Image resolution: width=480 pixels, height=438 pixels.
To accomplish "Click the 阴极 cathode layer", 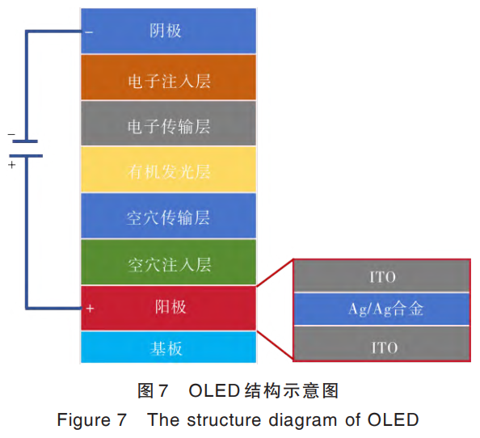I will [168, 32].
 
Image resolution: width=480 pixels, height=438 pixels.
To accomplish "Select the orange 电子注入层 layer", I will [168, 78].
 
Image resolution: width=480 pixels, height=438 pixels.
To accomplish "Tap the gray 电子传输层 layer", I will [168, 125].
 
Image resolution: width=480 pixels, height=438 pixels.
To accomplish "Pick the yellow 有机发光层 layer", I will [168, 171].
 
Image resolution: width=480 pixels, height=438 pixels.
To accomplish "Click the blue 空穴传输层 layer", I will [168, 217].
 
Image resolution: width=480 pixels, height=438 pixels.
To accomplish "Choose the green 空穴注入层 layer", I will [168, 263].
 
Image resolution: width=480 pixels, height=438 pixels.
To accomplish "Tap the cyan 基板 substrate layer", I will [168, 347].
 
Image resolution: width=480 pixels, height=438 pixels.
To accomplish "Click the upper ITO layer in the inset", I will [382, 277].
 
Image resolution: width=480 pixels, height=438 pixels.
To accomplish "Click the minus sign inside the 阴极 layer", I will [89, 32].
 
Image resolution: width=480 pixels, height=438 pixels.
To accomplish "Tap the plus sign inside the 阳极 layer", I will [90, 309].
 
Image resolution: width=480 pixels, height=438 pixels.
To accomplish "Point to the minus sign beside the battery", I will [11, 134].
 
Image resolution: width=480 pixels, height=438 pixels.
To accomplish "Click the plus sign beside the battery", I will [11, 164].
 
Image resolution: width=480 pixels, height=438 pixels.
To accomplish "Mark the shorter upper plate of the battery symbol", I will [27, 141].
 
